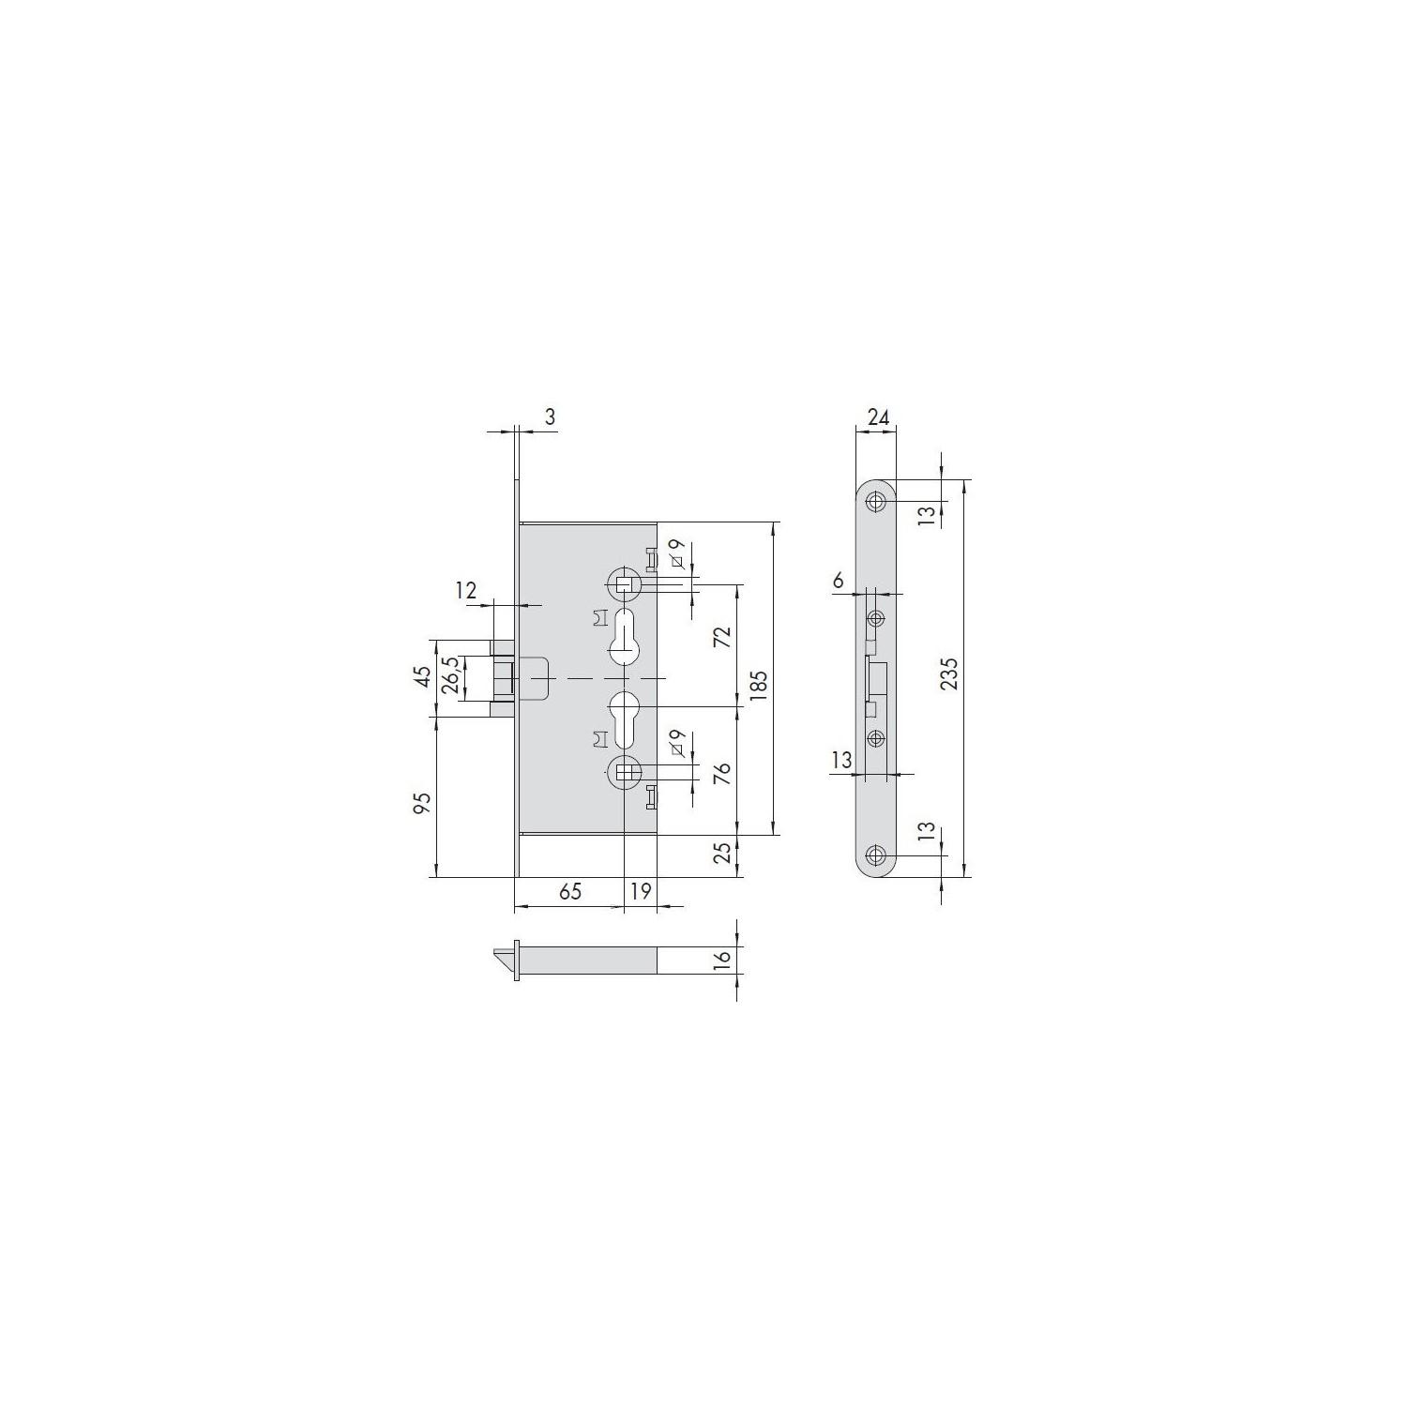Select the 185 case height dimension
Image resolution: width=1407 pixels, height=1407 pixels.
[759, 687]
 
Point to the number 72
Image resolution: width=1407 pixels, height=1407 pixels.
[721, 638]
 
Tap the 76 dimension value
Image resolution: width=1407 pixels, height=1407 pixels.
[721, 774]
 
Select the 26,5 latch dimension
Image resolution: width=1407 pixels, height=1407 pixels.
[451, 676]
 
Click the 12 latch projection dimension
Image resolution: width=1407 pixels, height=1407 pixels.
[466, 590]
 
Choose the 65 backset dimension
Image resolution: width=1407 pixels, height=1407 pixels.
[570, 891]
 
